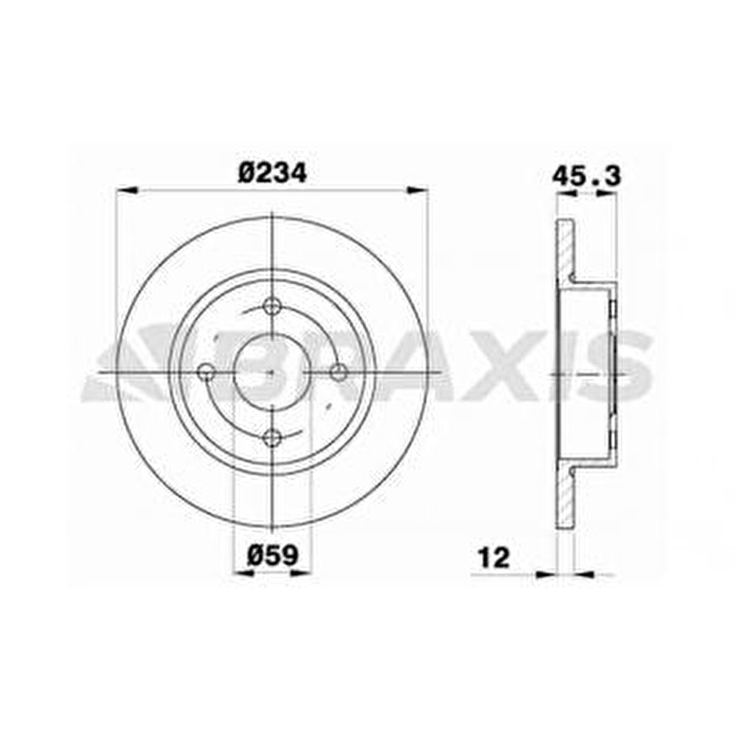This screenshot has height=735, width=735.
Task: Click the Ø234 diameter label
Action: pyautogui.click(x=272, y=173)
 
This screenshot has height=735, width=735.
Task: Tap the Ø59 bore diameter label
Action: pyautogui.click(x=273, y=556)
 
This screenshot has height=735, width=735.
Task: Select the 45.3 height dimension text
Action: pyautogui.click(x=586, y=176)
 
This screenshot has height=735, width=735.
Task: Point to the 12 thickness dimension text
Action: pyautogui.click(x=493, y=558)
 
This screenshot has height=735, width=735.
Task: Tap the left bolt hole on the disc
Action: pyautogui.click(x=206, y=373)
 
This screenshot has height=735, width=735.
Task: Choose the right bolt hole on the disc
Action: pyautogui.click(x=338, y=373)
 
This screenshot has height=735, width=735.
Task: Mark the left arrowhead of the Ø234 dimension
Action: pyautogui.click(x=126, y=190)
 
